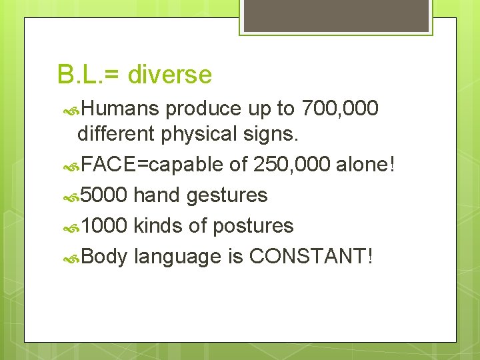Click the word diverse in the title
pyautogui.click(x=169, y=75)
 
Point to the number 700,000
pyautogui.click(x=340, y=107)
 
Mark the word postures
pyautogui.click(x=253, y=226)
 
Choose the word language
pyautogui.click(x=177, y=257)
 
